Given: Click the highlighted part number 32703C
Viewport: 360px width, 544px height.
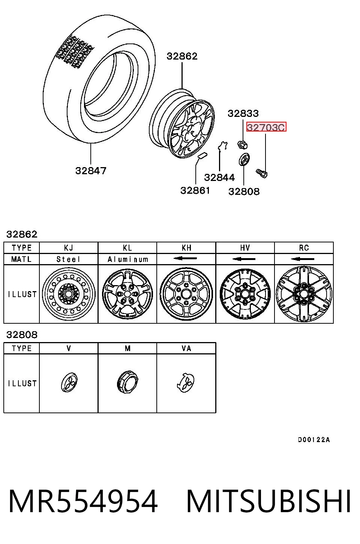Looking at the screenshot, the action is click(x=266, y=127).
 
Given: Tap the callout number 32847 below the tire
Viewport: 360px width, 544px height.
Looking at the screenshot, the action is click(x=91, y=171).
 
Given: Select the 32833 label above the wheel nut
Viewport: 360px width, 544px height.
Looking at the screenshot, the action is click(x=243, y=113).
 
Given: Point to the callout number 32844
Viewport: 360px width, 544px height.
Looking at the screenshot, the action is click(x=219, y=177).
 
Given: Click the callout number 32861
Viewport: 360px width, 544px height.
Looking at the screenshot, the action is click(x=195, y=190).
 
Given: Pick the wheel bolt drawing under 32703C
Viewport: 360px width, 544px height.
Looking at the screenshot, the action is click(x=262, y=173).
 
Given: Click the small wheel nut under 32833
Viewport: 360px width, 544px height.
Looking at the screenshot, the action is click(x=242, y=145).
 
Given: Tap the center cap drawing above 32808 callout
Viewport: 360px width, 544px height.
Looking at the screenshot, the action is click(x=244, y=159).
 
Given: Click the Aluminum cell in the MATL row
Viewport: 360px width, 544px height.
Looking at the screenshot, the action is click(x=128, y=259).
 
